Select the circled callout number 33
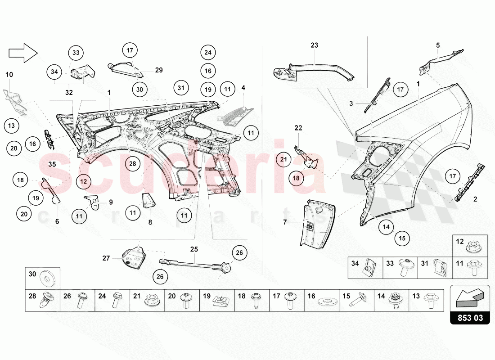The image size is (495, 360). click(x=76, y=53)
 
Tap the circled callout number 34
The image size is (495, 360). click(x=54, y=72)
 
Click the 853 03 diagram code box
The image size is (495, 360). click(x=470, y=318)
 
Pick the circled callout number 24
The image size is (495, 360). click(x=207, y=52)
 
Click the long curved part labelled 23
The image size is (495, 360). click(x=315, y=68)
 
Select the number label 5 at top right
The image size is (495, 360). click(x=437, y=45)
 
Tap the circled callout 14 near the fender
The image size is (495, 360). click(x=386, y=227)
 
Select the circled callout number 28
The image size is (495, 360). click(x=133, y=164)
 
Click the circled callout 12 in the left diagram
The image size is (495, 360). click(x=84, y=181)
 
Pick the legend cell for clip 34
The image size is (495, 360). click(x=365, y=268)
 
